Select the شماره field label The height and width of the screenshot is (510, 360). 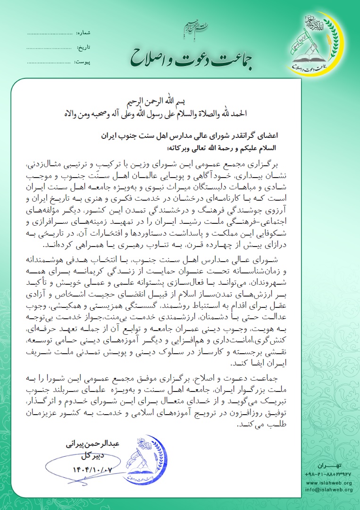click(83, 34)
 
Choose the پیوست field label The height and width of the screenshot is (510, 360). click(83, 62)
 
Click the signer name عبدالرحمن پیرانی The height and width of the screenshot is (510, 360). click(94, 445)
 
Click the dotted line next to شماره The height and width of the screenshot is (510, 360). click(49, 34)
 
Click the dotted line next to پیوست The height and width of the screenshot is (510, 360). click(49, 62)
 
